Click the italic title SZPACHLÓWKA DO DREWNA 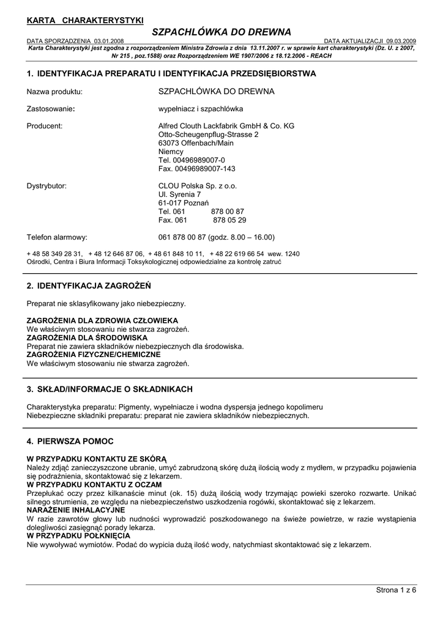pyautogui.click(x=221, y=32)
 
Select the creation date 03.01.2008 pyautogui.click(x=110, y=41)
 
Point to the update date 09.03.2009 pyautogui.click(x=401, y=41)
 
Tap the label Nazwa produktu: pyautogui.click(x=54, y=92)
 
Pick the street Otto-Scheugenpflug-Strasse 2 pyautogui.click(x=208, y=134)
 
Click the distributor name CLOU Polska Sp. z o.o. pyautogui.click(x=197, y=186)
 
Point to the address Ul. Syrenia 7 pyautogui.click(x=179, y=194)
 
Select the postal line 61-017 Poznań pyautogui.click(x=184, y=203)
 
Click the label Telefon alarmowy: pyautogui.click(x=57, y=237)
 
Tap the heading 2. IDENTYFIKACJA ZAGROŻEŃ pyautogui.click(x=89, y=285)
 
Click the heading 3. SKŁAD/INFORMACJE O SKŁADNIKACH pyautogui.click(x=110, y=389)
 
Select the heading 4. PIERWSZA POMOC pyautogui.click(x=70, y=441)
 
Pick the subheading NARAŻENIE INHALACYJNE pyautogui.click(x=76, y=509)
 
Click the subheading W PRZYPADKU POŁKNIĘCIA pyautogui.click(x=78, y=536)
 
